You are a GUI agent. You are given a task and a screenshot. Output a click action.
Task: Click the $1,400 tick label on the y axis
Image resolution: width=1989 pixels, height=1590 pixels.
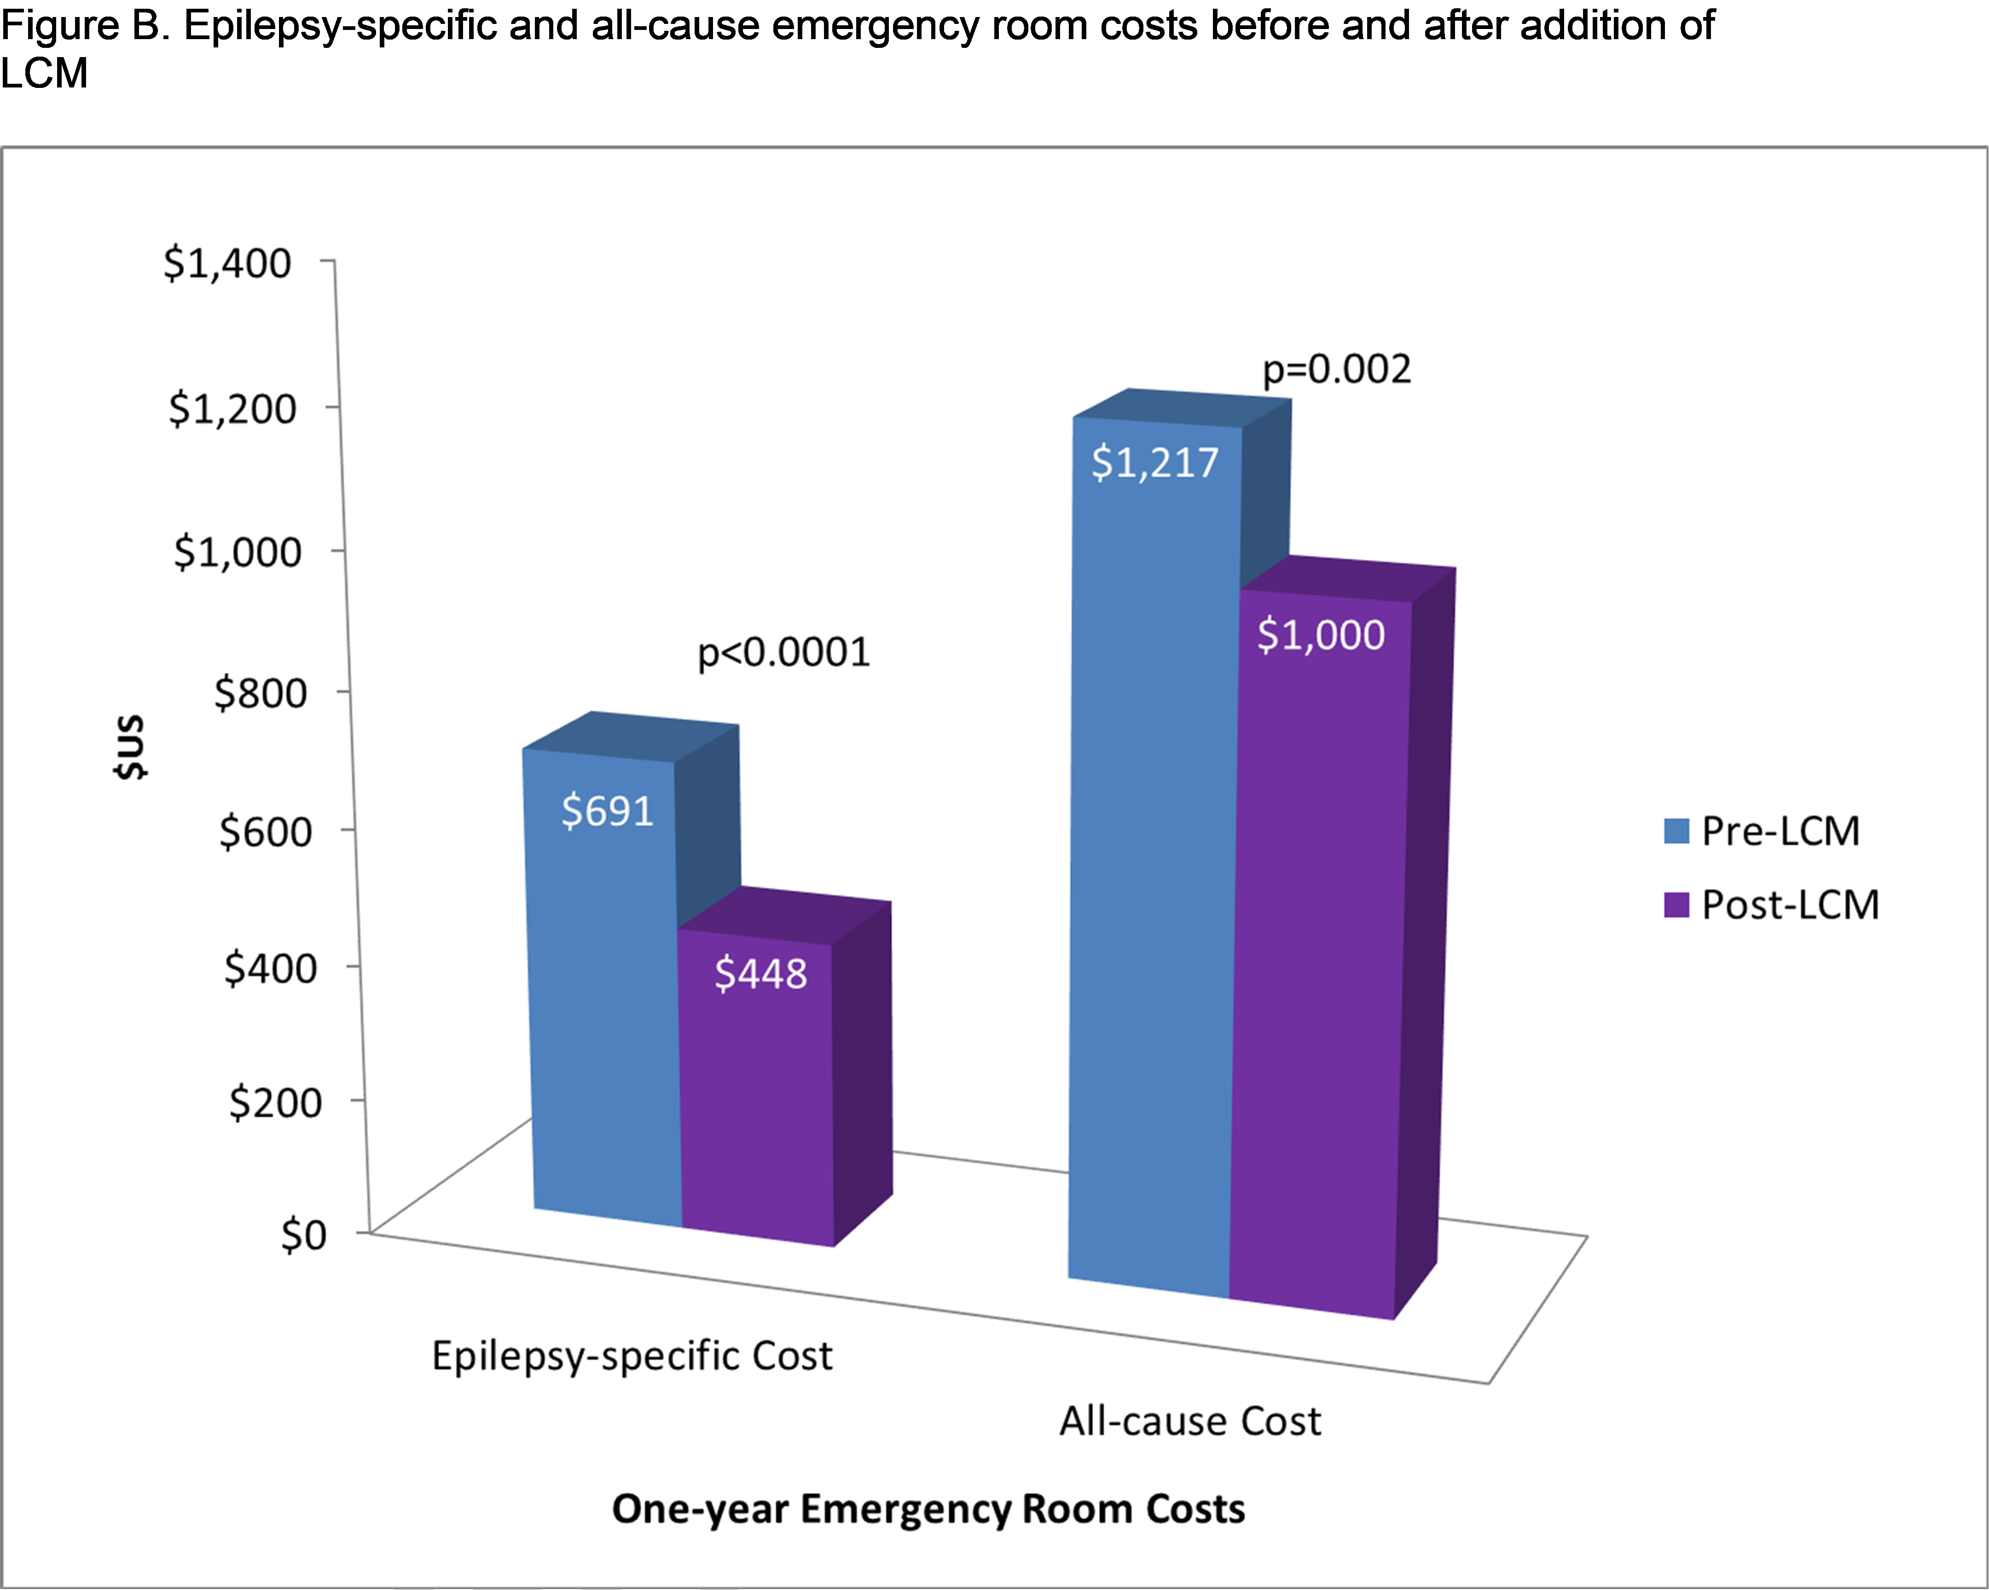click(227, 264)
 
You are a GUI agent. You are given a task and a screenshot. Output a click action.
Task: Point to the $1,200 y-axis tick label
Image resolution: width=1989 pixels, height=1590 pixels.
click(232, 409)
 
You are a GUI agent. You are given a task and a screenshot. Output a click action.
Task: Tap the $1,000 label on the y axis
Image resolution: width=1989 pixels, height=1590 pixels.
click(237, 552)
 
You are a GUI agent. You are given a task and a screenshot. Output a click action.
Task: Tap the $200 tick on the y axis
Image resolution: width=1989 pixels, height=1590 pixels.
click(275, 1102)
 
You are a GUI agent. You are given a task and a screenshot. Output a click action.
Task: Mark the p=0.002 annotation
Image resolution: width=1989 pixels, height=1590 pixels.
click(1336, 369)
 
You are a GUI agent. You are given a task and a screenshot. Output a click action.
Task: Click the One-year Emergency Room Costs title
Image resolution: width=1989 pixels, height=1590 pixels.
click(928, 1509)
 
